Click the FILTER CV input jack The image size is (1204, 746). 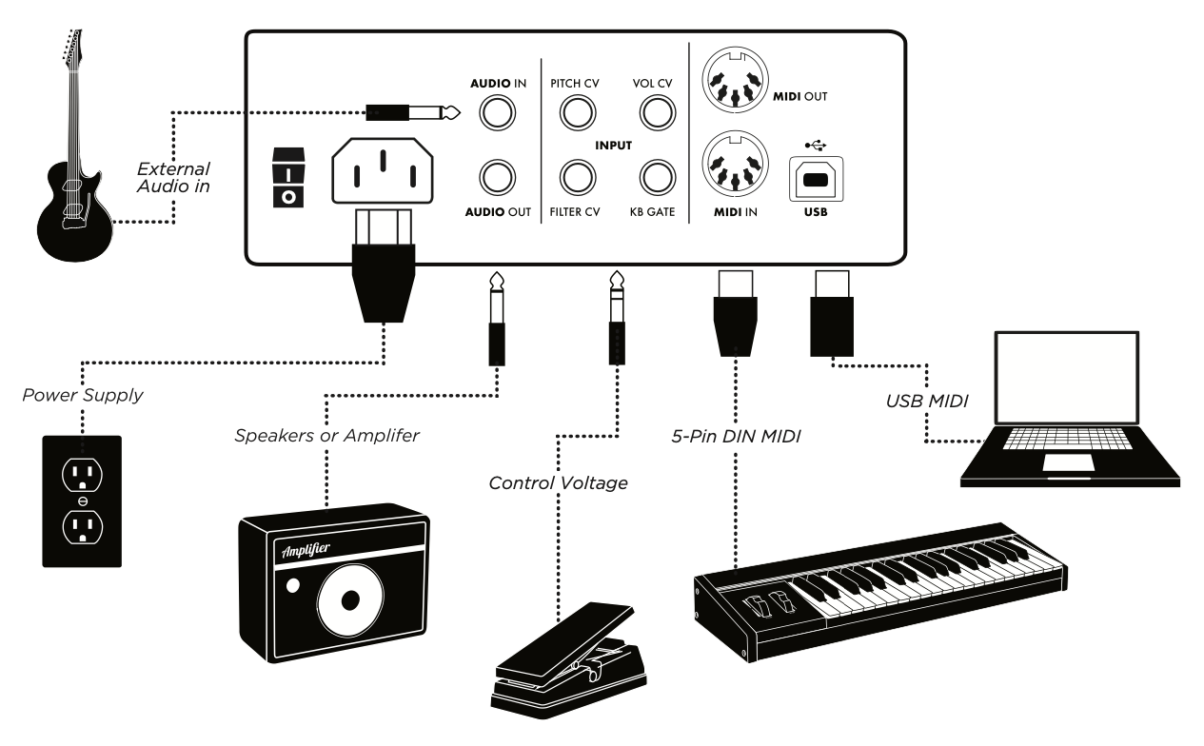(x=574, y=177)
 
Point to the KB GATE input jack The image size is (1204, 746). (x=654, y=177)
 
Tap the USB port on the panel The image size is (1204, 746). (x=812, y=180)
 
